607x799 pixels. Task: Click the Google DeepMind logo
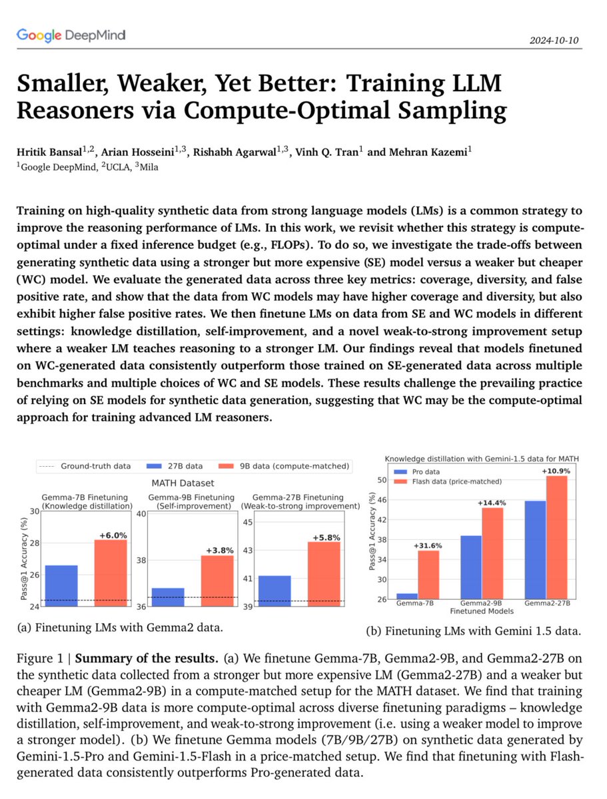tap(71, 35)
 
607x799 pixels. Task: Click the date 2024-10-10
tap(555, 40)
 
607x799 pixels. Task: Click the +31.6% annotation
tap(428, 545)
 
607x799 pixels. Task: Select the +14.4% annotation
tap(492, 503)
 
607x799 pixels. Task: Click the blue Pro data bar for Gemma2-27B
tap(536, 550)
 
